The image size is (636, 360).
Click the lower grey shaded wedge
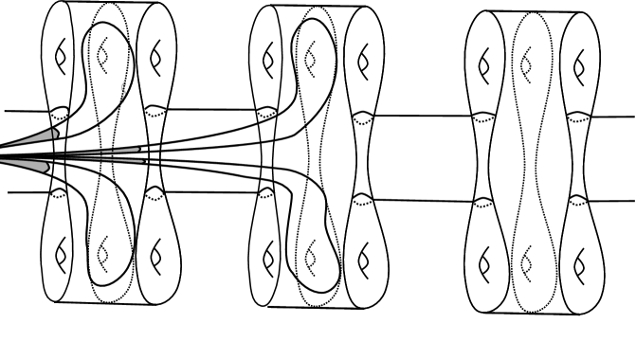pyautogui.click(x=38, y=167)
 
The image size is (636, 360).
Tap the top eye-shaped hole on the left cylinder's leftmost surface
pyautogui.click(x=60, y=58)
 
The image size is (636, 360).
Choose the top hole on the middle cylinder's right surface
pyautogui.click(x=361, y=62)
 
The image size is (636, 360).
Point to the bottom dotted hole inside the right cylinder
pyautogui.click(x=527, y=257)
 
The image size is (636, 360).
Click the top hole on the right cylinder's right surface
pyautogui.click(x=578, y=63)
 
